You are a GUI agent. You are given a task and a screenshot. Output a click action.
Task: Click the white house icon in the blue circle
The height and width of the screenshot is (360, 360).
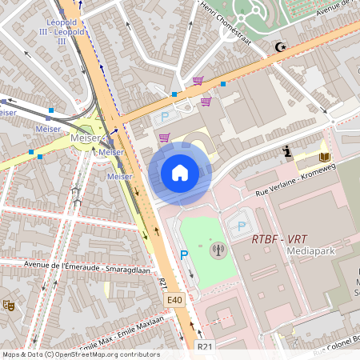point(180,172)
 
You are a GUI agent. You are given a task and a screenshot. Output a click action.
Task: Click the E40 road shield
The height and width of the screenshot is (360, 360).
point(176,298)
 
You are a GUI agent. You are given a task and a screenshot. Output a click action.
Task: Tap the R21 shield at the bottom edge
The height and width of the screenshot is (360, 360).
point(205,346)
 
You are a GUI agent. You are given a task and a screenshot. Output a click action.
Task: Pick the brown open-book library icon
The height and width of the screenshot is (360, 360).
point(324,157)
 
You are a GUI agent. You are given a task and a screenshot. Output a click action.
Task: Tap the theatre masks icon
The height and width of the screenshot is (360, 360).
point(8,304)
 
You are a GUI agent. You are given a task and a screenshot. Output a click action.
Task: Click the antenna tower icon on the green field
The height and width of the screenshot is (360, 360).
point(218,250)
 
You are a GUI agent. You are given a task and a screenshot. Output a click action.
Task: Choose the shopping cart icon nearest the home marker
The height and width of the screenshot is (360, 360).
point(164,138)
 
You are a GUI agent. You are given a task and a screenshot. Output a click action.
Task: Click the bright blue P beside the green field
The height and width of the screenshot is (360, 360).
point(183,256)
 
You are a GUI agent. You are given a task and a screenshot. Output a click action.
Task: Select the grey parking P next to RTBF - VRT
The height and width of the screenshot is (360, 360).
point(241,226)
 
